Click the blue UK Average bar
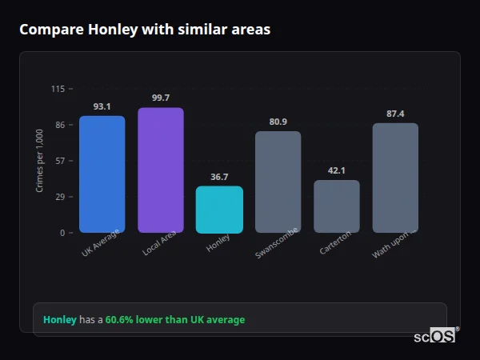point(102,174)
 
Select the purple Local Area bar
point(161,170)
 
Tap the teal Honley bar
point(219,210)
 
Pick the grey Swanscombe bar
point(278,182)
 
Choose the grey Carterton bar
point(337,206)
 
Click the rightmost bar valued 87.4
point(395,178)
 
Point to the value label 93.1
point(102,106)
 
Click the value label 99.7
point(161,98)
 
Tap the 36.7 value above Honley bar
point(219,177)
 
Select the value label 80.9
point(278,122)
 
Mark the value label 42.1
point(337,170)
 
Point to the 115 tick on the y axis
point(58,89)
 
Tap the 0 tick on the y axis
point(62,233)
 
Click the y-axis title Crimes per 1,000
point(40,161)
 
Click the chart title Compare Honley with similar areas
point(145,30)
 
